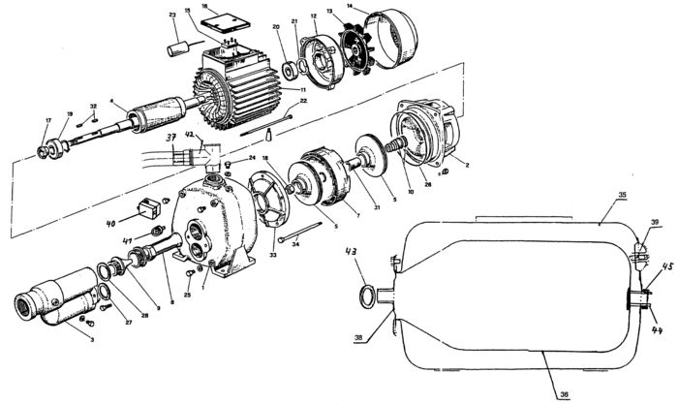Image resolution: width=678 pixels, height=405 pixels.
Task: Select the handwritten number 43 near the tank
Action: (x=351, y=254)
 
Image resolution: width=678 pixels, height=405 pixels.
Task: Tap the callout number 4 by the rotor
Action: (x=112, y=101)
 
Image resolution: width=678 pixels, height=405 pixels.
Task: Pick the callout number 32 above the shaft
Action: (x=93, y=105)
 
